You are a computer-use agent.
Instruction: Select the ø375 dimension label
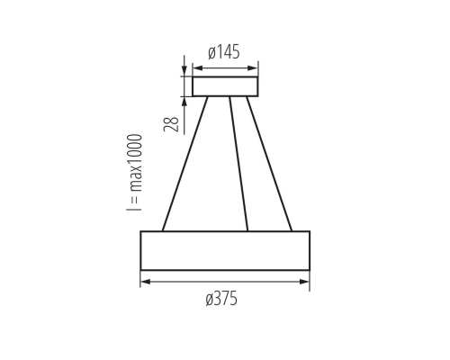pyautogui.click(x=222, y=300)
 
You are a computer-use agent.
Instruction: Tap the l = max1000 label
pyautogui.click(x=135, y=173)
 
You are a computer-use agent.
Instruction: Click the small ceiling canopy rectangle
pyautogui.click(x=225, y=86)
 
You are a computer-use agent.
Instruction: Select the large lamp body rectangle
pyautogui.click(x=225, y=250)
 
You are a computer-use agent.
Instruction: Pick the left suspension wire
pyautogui.click(x=185, y=163)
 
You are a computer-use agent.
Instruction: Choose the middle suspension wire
pyautogui.click(x=238, y=163)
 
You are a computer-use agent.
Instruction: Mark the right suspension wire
pyautogui.click(x=268, y=163)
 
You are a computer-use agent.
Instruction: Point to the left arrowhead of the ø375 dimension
pyautogui.click(x=144, y=282)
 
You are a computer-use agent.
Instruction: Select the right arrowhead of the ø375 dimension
pyautogui.click(x=306, y=282)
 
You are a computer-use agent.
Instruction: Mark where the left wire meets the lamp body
pyautogui.click(x=163, y=230)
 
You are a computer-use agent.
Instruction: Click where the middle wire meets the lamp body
pyautogui.click(x=247, y=230)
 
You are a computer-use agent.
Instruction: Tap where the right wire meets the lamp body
pyautogui.click(x=291, y=230)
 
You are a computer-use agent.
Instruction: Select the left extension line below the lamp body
pyautogui.click(x=140, y=278)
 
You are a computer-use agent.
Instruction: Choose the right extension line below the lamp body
pyautogui.click(x=310, y=278)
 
